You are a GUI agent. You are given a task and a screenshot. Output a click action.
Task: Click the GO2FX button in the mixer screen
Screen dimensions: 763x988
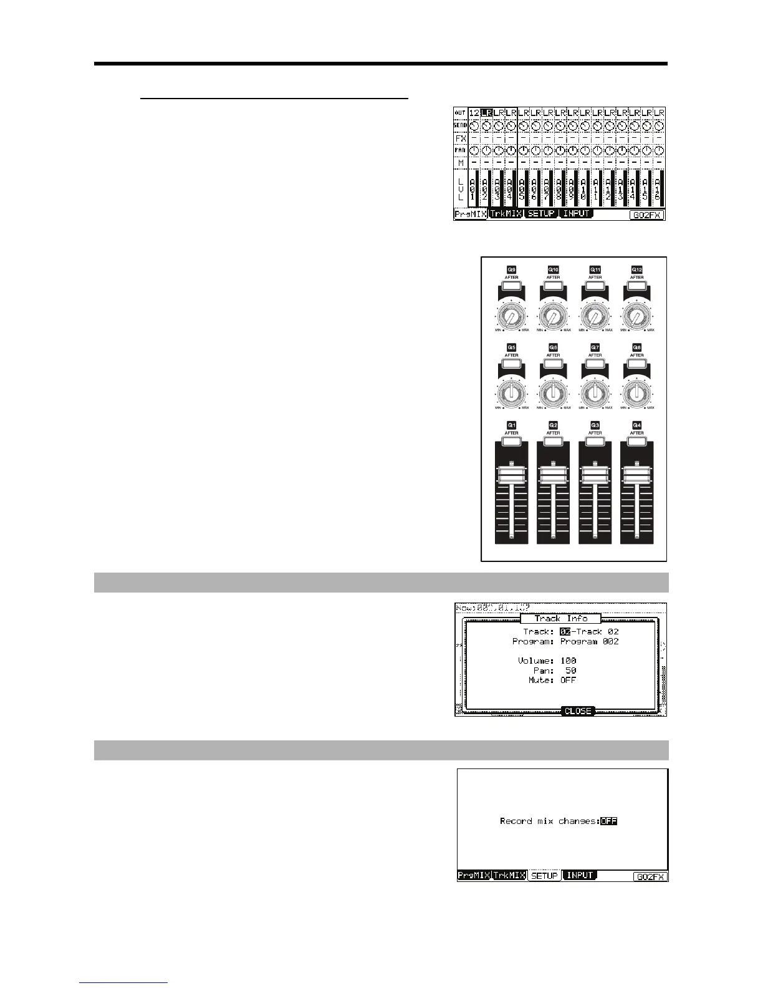[647, 215]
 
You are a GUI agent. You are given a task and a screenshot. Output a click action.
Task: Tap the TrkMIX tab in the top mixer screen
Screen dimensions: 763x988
[505, 214]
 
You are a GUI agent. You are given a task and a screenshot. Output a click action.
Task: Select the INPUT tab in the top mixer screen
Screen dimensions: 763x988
[576, 214]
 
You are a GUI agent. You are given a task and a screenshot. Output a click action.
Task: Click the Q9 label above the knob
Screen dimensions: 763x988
[511, 270]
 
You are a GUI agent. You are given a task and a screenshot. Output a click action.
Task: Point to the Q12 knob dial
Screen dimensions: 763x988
[636, 317]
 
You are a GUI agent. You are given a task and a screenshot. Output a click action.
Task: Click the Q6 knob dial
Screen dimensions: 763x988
[553, 394]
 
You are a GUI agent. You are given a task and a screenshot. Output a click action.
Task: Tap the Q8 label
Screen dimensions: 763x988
[636, 347]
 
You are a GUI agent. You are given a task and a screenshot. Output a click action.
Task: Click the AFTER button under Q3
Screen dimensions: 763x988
[595, 441]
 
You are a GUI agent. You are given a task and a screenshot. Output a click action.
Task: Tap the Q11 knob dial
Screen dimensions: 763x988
[595, 317]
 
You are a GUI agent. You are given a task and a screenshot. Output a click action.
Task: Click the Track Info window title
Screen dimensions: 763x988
[560, 618]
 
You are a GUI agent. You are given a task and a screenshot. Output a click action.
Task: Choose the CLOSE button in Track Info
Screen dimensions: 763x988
[577, 710]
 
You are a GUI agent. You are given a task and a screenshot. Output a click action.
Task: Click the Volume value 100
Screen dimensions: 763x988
[568, 661]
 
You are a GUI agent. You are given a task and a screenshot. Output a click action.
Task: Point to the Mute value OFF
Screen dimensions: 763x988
[568, 680]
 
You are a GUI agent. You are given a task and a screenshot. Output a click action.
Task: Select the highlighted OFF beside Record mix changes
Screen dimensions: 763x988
[608, 821]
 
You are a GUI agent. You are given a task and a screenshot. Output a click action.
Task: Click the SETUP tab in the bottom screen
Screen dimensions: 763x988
[544, 876]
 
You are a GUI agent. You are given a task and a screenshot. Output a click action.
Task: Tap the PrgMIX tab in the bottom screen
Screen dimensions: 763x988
[474, 876]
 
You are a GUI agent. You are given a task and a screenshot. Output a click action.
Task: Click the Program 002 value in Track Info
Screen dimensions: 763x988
[589, 641]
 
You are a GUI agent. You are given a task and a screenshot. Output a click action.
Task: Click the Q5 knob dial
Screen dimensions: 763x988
[511, 394]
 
